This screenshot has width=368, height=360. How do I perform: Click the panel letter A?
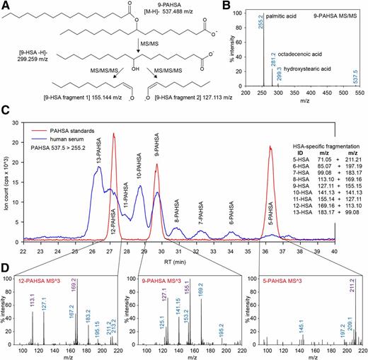[6, 6]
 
